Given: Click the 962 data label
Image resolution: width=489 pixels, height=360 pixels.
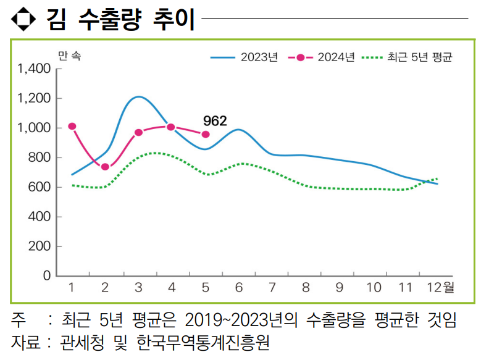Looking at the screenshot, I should pyautogui.click(x=215, y=120).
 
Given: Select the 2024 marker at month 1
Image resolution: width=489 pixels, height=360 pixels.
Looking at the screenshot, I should pyautogui.click(x=72, y=127).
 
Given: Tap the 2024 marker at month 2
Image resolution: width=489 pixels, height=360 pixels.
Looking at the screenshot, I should pyautogui.click(x=105, y=167).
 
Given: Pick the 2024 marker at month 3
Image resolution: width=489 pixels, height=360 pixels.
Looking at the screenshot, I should pyautogui.click(x=138, y=132).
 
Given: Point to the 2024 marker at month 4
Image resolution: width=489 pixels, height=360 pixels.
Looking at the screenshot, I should pyautogui.click(x=171, y=127).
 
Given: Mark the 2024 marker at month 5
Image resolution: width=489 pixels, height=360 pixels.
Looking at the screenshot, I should pyautogui.click(x=206, y=135).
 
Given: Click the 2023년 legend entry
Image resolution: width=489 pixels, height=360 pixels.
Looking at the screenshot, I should pyautogui.click(x=244, y=57).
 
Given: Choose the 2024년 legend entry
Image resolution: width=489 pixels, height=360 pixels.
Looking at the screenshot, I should pyautogui.click(x=321, y=57).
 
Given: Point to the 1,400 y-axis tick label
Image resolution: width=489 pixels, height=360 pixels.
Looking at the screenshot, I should pyautogui.click(x=35, y=69).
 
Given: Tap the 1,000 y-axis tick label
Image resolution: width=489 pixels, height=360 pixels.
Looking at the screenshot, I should pyautogui.click(x=35, y=128).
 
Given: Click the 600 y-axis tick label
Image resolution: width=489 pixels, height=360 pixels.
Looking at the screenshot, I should pyautogui.click(x=40, y=187).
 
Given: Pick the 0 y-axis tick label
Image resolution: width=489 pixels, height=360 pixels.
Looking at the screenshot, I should pyautogui.click(x=47, y=276).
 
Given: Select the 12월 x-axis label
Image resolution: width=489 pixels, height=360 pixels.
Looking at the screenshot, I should pyautogui.click(x=440, y=287).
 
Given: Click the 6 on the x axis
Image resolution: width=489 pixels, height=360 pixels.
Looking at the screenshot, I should pyautogui.click(x=238, y=287).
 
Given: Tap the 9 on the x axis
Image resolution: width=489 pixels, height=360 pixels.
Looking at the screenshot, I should pyautogui.click(x=339, y=287).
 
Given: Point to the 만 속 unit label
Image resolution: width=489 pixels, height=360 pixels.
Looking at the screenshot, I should pyautogui.click(x=69, y=56).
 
